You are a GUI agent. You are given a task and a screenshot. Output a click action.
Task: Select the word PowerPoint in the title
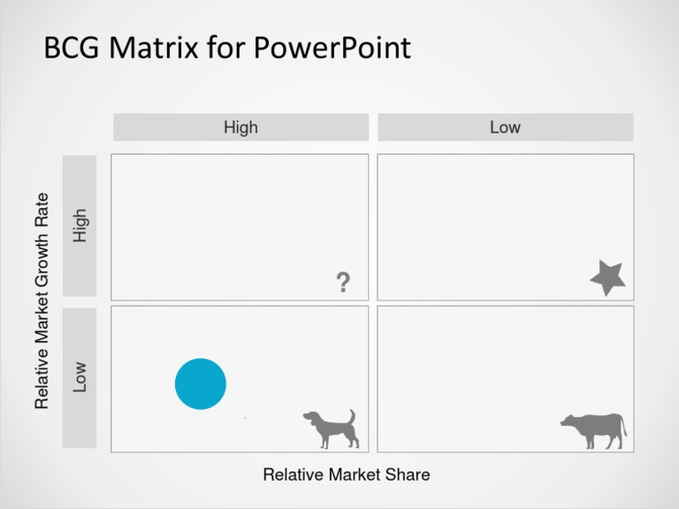332,48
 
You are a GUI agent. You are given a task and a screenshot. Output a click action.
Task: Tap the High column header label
240,127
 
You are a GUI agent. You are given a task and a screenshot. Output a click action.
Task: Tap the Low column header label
505,127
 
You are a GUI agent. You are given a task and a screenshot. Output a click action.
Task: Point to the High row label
80,225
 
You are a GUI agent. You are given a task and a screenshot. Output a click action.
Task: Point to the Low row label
80,377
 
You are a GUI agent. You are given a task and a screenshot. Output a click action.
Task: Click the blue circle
201,384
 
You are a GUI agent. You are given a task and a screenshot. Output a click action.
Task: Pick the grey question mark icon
343,283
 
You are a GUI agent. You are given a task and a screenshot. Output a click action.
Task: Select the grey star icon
608,278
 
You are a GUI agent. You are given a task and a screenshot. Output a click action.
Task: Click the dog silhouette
329,429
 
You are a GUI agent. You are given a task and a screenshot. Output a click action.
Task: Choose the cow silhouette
594,430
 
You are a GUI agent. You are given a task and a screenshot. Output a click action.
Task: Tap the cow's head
568,422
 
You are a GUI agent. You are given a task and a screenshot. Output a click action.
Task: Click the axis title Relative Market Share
347,475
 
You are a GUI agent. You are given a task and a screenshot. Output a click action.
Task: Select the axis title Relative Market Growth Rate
42,301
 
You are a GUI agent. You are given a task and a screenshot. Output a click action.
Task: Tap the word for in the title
226,48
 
